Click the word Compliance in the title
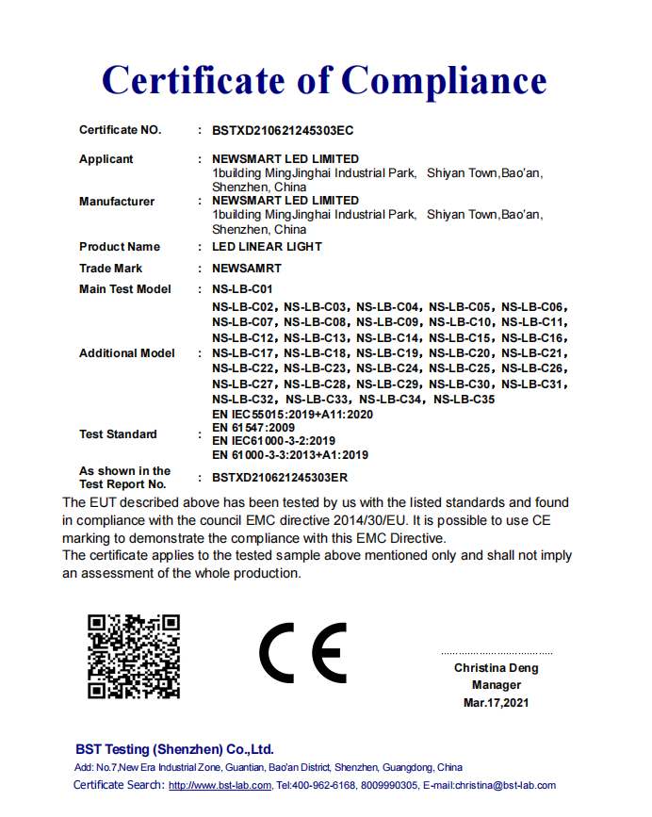[444, 81]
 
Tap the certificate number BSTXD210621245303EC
[283, 130]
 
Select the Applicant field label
[106, 159]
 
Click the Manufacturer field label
[117, 202]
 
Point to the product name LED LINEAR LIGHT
[268, 247]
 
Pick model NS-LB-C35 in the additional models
[464, 400]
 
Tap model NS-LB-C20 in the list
[464, 353]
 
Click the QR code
[134, 656]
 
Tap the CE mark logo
[303, 653]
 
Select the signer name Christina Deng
[497, 668]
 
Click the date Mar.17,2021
[497, 703]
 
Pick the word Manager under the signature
[497, 685]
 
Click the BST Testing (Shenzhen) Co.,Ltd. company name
[174, 749]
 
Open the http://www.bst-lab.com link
[220, 785]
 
